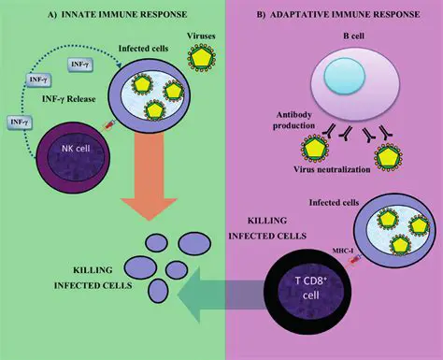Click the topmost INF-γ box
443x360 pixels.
(82, 64)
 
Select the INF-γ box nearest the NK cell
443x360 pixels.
(19, 122)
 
